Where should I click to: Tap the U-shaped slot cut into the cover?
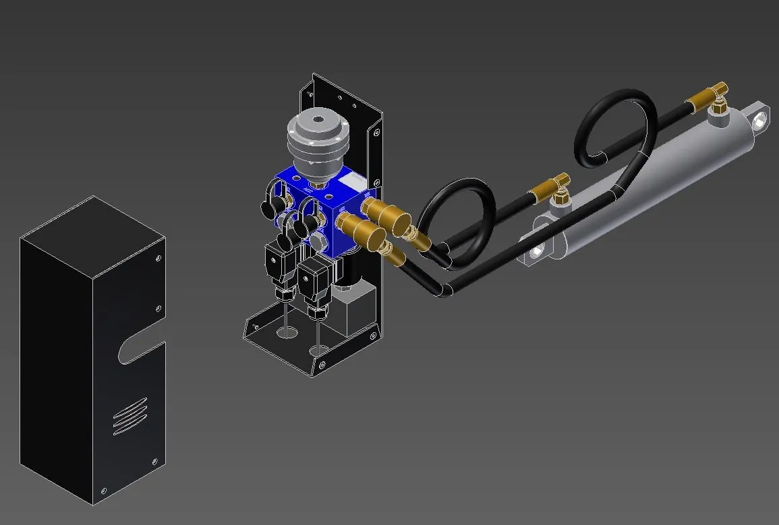click(x=138, y=352)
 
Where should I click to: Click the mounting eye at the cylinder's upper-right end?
click(x=761, y=119)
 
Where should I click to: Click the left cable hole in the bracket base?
click(x=286, y=332)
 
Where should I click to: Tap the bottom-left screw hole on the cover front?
click(x=103, y=491)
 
